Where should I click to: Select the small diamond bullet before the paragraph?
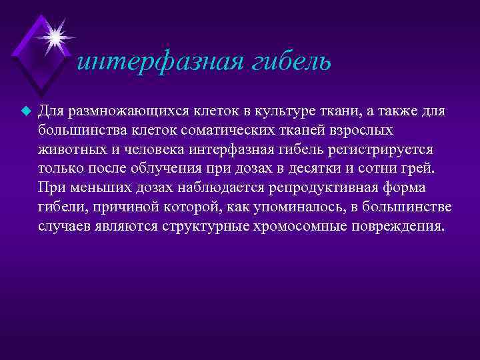[27, 109]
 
